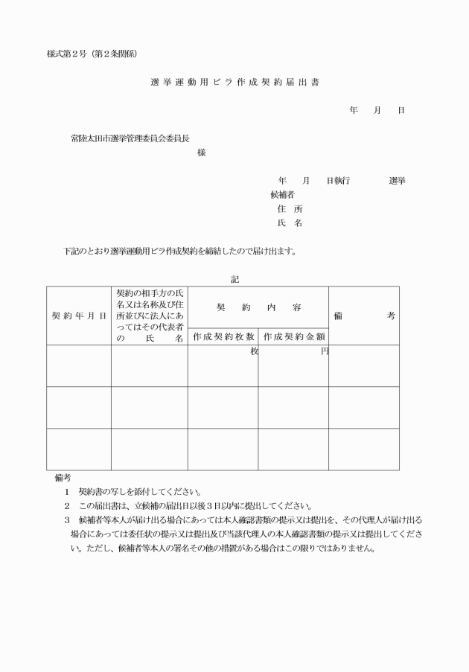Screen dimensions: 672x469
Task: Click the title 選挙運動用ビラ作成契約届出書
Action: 234,81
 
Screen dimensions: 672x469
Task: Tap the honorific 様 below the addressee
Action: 202,153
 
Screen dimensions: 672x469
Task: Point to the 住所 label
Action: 289,209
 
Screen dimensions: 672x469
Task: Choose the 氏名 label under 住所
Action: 289,223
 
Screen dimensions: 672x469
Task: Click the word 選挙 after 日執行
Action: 397,181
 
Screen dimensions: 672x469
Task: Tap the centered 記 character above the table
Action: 234,279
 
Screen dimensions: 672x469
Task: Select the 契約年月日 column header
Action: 78,316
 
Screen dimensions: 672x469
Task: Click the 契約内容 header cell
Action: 258,307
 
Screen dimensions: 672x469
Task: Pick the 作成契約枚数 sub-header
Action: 223,336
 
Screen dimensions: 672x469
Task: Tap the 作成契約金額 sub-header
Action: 293,336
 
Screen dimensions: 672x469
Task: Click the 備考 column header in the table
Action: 363,316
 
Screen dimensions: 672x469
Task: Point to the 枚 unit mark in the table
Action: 254,351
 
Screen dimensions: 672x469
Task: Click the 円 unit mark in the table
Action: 324,351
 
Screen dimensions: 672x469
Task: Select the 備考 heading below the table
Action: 63,477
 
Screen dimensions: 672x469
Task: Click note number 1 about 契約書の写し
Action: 66,492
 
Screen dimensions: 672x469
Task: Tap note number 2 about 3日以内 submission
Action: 66,506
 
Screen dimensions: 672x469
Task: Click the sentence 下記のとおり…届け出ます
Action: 180,251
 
